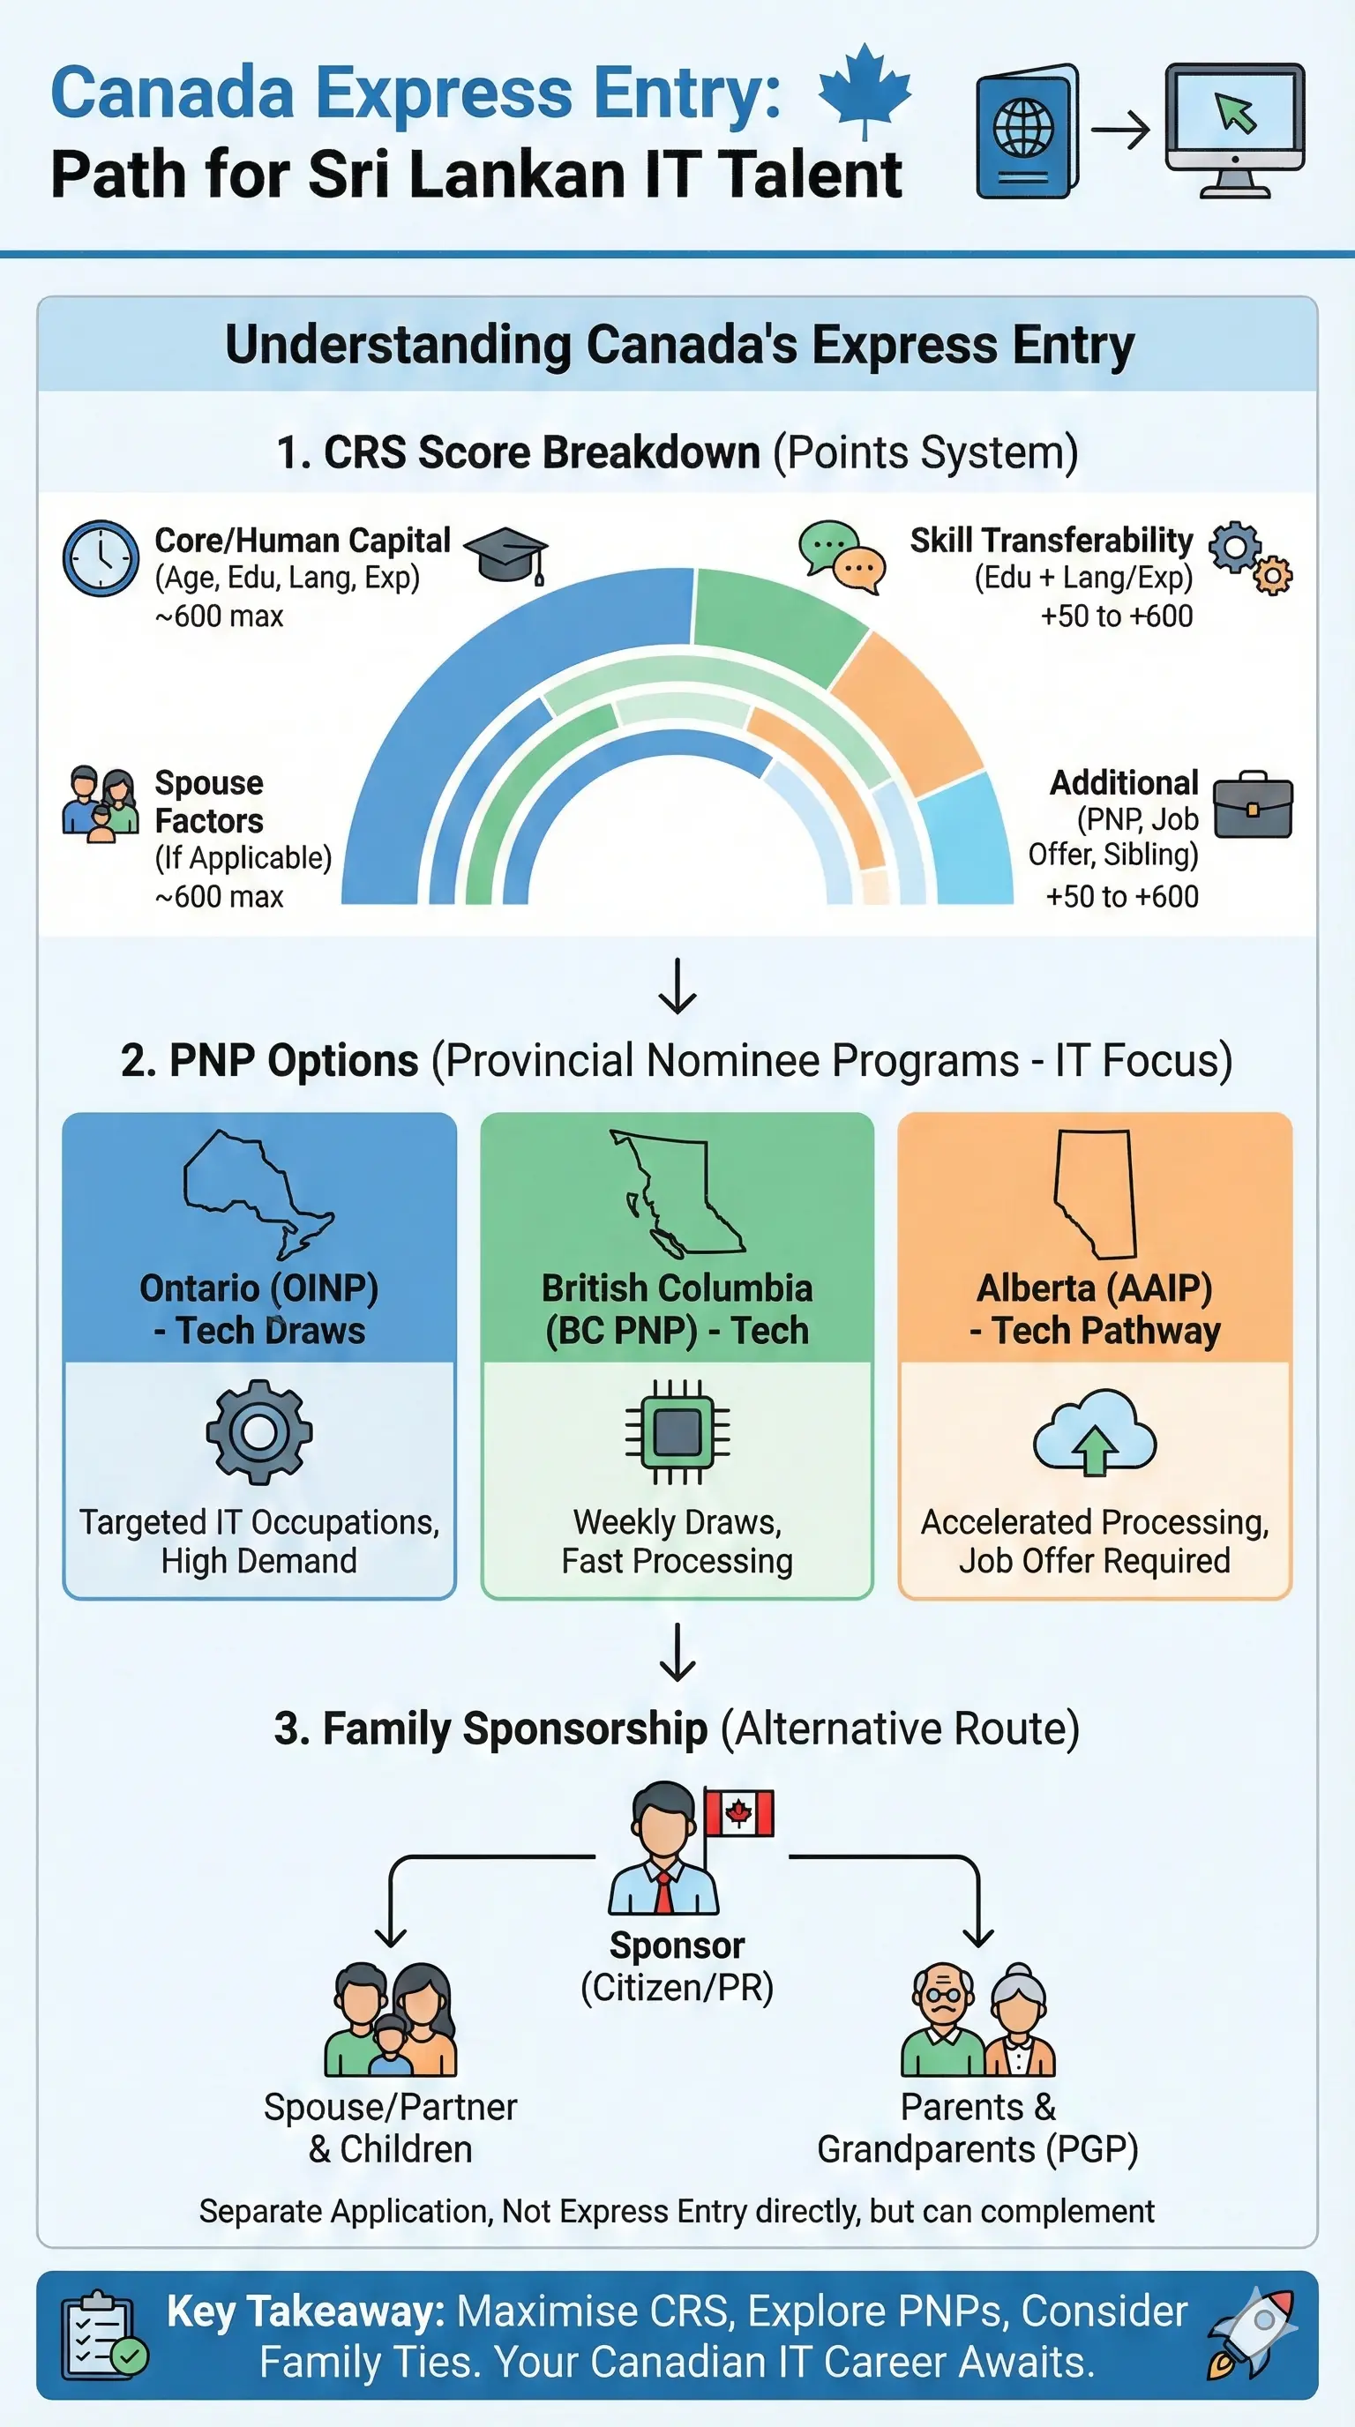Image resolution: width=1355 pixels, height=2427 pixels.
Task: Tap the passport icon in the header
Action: (x=1027, y=132)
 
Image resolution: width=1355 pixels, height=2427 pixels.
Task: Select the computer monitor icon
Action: (x=1234, y=130)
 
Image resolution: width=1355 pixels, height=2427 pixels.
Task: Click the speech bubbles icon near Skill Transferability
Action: (x=842, y=556)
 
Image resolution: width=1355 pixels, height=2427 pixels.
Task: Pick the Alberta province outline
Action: (x=1096, y=1192)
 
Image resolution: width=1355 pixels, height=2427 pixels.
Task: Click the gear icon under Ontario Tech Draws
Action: (x=259, y=1432)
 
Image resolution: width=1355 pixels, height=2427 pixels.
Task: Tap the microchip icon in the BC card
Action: (x=677, y=1432)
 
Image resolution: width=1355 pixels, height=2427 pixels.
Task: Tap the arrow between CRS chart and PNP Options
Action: (x=677, y=985)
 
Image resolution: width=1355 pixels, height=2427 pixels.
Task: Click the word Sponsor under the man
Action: (x=677, y=1945)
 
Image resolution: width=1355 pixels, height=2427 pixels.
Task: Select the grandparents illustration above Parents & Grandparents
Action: (x=978, y=2021)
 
